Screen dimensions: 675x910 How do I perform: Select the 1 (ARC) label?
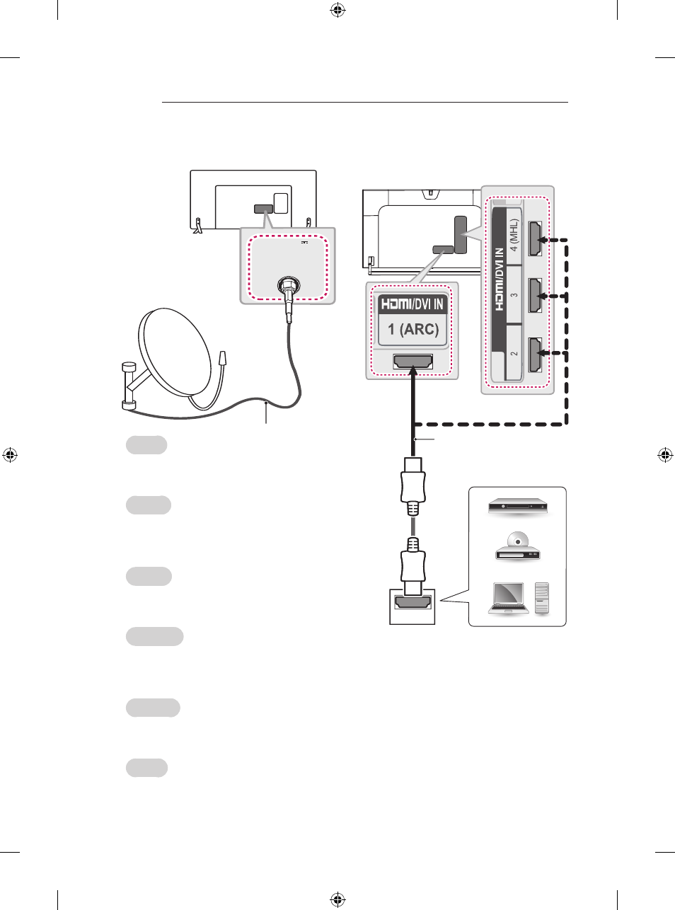coord(412,329)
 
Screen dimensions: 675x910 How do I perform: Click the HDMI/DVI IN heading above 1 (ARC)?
coord(412,304)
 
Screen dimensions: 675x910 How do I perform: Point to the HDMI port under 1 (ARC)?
coord(412,362)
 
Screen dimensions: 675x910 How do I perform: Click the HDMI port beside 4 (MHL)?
coord(535,238)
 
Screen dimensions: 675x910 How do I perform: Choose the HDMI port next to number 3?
coord(535,295)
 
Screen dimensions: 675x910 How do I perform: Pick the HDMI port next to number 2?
coord(535,355)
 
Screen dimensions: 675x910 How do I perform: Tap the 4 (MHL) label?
coord(514,235)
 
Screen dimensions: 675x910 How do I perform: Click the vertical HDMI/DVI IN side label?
coord(499,279)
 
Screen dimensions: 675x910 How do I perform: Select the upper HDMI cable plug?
coord(412,485)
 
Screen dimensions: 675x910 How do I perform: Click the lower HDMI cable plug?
coord(412,565)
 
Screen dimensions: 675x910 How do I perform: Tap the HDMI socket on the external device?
coord(412,603)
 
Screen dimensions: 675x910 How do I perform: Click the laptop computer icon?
coord(508,599)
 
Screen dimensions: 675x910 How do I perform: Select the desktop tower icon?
coord(542,598)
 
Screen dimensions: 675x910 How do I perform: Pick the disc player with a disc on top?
coord(518,546)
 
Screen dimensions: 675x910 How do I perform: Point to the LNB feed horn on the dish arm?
coord(223,358)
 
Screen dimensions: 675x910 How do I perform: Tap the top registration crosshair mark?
coord(337,11)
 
